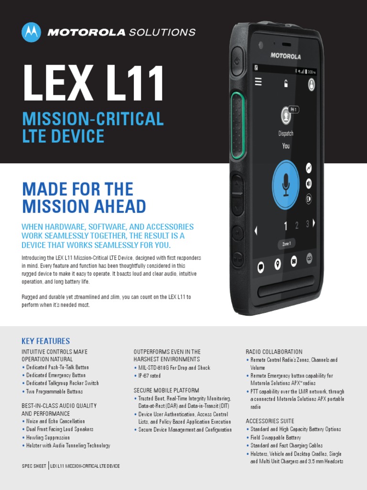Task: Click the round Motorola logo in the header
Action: pyautogui.click(x=32, y=32)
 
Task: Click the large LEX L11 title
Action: pyautogui.click(x=93, y=84)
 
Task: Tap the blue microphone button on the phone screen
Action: pyautogui.click(x=286, y=185)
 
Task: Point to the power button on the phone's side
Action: pyautogui.click(x=237, y=62)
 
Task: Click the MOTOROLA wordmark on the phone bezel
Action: pyautogui.click(x=286, y=56)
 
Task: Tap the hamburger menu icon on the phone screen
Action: pyautogui.click(x=259, y=82)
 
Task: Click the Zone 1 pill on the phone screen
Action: pyautogui.click(x=286, y=244)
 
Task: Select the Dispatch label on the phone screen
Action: pyautogui.click(x=286, y=134)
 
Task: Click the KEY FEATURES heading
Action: pyautogui.click(x=46, y=341)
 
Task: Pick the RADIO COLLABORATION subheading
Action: pyautogui.click(x=274, y=352)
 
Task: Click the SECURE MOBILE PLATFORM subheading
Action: pyautogui.click(x=166, y=390)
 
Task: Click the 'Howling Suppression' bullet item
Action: pyautogui.click(x=48, y=437)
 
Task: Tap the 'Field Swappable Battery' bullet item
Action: pyautogui.click(x=276, y=437)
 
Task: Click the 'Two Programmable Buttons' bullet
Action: pyautogui.click(x=54, y=391)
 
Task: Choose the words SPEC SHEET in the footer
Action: pyautogui.click(x=33, y=466)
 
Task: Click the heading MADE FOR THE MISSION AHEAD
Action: pyautogui.click(x=84, y=198)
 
